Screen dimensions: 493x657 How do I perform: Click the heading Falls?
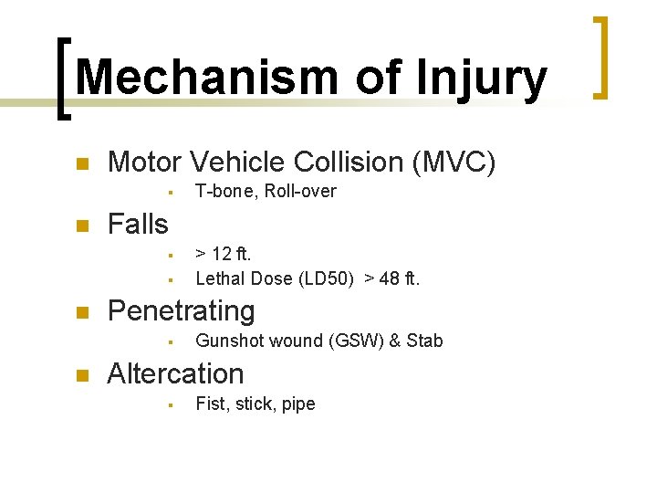point(138,224)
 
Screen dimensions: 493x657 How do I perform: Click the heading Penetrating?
point(181,311)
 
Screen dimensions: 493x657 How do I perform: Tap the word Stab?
point(424,341)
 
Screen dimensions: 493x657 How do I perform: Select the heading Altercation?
point(175,373)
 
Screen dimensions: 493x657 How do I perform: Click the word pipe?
point(298,404)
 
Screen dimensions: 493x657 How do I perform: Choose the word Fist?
point(212,403)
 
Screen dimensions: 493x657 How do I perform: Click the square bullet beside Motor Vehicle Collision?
point(80,164)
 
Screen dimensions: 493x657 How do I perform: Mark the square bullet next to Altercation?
point(80,375)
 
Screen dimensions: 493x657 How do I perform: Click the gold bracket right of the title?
point(600,57)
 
